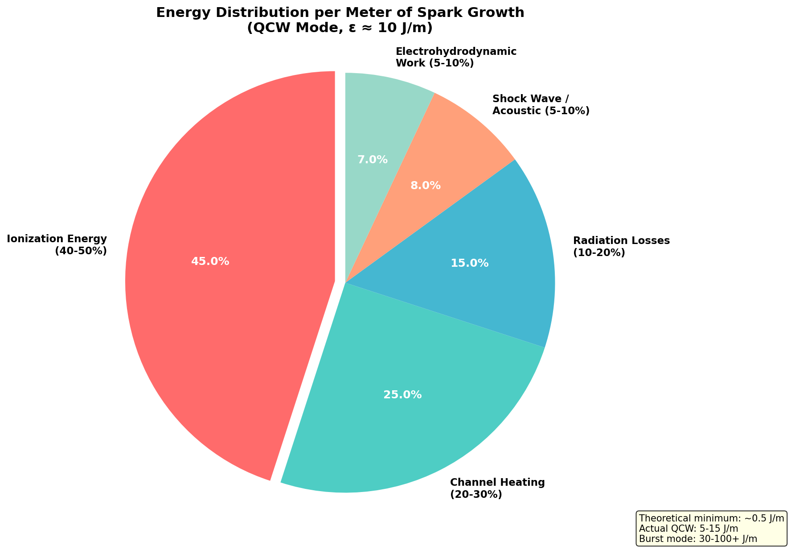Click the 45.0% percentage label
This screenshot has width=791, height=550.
tap(210, 261)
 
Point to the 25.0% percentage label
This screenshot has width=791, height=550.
tap(402, 395)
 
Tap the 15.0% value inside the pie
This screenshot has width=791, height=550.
tap(469, 263)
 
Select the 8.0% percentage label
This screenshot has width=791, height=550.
tap(425, 186)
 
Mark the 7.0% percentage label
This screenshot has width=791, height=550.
tap(373, 159)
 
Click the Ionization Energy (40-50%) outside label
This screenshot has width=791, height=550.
tap(57, 245)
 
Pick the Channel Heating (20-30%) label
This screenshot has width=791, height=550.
tap(497, 488)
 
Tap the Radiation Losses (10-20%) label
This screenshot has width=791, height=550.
tap(621, 247)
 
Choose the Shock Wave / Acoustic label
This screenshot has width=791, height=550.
tap(541, 104)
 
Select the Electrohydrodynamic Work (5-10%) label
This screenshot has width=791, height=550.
tap(456, 57)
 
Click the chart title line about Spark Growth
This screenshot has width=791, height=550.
tap(340, 12)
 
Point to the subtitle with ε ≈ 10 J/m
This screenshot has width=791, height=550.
tap(340, 28)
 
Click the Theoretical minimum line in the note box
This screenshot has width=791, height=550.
tap(711, 518)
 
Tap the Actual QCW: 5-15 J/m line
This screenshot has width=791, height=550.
tap(689, 529)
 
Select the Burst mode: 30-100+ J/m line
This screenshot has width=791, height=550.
tap(698, 539)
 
